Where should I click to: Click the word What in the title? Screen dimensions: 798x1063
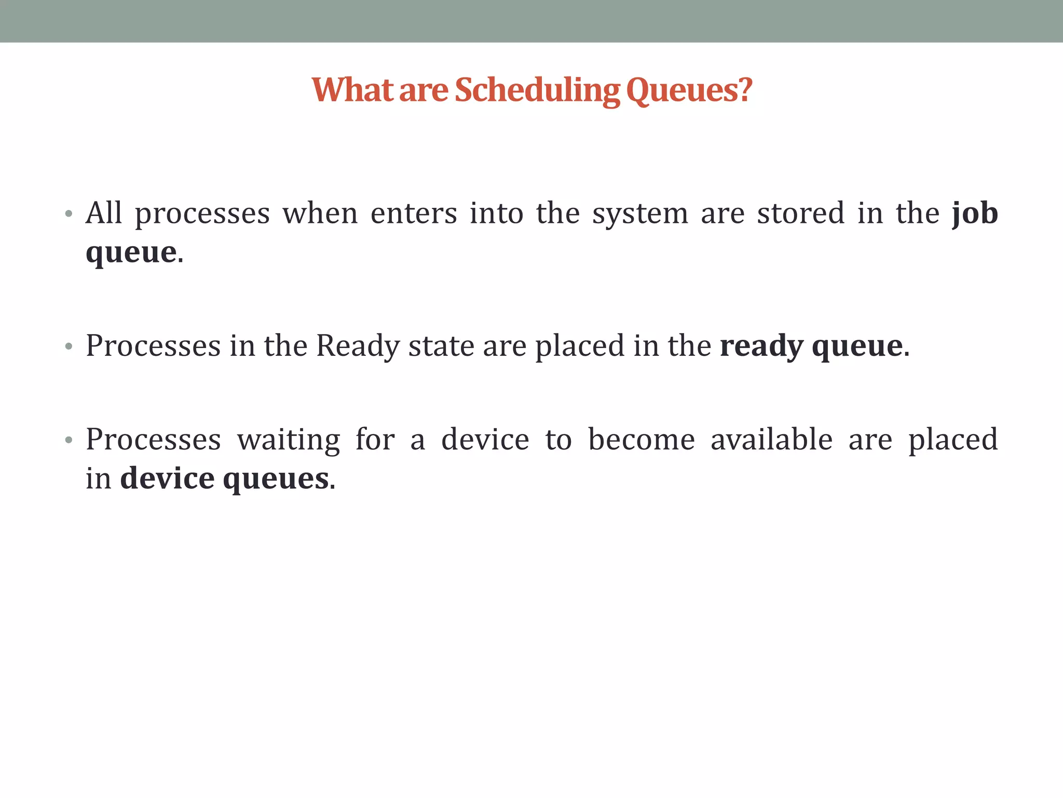(352, 90)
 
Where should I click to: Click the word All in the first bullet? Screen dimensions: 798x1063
(104, 213)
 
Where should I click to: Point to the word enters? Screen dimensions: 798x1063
(414, 213)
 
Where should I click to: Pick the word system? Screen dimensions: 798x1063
(640, 214)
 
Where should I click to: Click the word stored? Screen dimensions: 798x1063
(800, 213)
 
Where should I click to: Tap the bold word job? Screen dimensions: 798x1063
(975, 214)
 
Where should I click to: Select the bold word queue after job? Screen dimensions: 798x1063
(131, 254)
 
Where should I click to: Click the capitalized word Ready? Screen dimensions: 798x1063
(358, 346)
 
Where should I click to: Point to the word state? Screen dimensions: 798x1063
(441, 346)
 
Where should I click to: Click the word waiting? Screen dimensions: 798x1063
(289, 440)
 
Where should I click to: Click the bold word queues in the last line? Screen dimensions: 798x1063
(276, 480)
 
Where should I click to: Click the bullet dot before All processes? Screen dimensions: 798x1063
(69, 214)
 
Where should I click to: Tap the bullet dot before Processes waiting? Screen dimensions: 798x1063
(69, 440)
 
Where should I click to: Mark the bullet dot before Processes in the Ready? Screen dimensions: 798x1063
(69, 347)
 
